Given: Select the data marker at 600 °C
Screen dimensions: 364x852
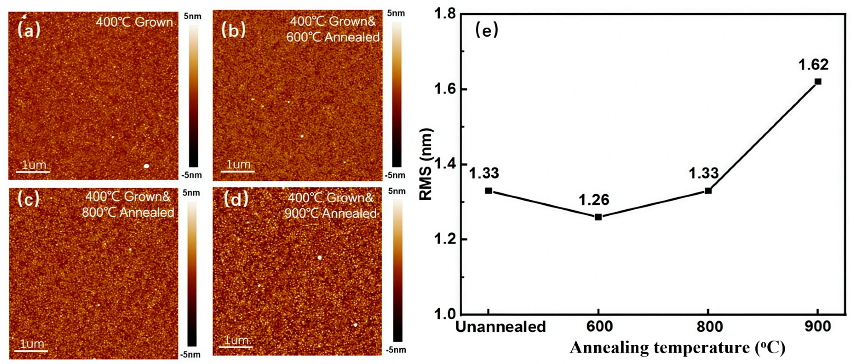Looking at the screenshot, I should (598, 217).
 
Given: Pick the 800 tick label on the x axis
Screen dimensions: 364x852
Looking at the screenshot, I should (709, 327).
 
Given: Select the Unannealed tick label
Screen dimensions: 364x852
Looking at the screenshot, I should (500, 327).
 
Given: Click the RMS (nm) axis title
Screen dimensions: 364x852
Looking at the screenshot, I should (426, 165).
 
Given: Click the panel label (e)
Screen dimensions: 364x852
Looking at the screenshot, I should (486, 30).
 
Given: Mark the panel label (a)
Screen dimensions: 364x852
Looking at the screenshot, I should (29, 30).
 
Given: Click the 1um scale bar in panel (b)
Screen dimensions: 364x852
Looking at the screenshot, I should (238, 171).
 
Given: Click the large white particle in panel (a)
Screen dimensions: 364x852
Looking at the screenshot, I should (146, 166).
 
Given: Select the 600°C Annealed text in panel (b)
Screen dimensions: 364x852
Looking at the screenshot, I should (333, 37).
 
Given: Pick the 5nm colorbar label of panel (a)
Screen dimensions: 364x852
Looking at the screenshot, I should (192, 16).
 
